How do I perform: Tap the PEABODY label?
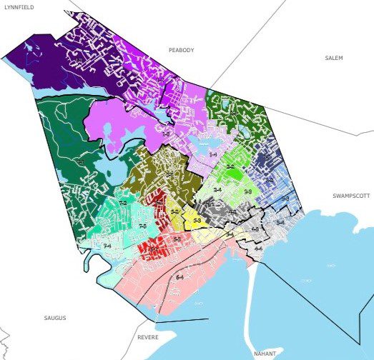181,50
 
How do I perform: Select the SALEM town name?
334,58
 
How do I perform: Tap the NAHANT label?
265,354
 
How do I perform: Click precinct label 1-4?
213,154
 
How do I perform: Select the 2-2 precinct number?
230,167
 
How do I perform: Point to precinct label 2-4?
217,191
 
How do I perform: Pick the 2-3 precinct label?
247,193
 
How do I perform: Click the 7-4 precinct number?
107,246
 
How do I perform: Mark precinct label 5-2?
175,212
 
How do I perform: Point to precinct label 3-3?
285,198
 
